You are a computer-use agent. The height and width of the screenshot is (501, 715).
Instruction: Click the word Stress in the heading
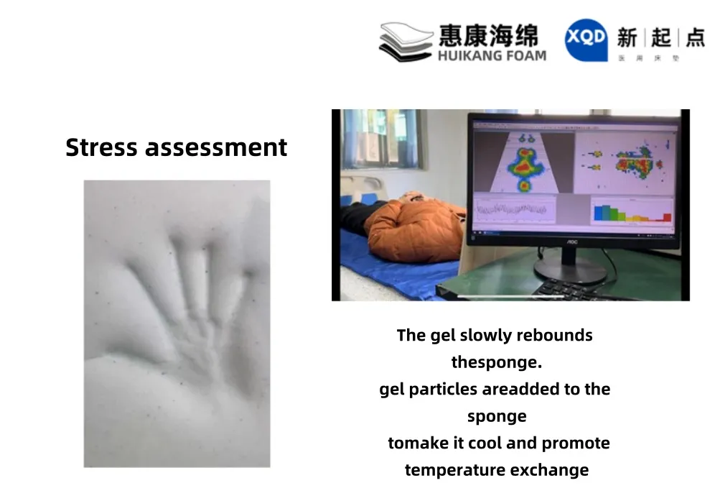point(102,147)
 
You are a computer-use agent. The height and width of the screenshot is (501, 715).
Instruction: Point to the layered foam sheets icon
point(406,42)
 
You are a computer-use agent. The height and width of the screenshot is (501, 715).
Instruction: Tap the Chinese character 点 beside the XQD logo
point(694,37)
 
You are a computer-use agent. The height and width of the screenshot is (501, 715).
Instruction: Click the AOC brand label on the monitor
point(572,242)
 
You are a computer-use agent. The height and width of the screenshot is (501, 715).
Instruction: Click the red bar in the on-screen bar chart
point(667,216)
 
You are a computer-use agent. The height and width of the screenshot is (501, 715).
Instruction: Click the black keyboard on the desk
point(567,290)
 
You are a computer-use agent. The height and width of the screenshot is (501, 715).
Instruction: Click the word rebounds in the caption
point(556,336)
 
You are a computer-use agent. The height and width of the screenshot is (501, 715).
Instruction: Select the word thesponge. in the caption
point(496,362)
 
